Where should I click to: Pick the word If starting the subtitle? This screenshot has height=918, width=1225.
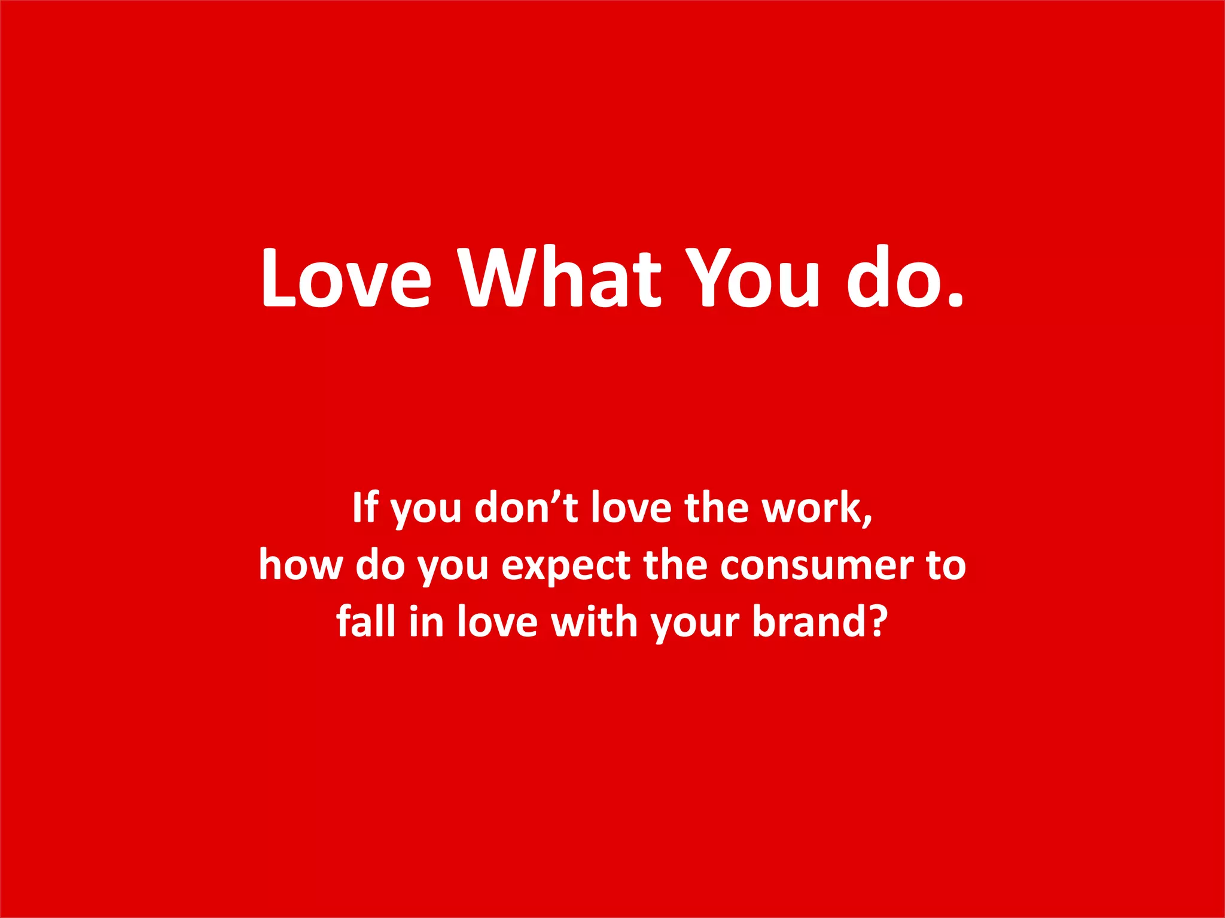pyautogui.click(x=365, y=507)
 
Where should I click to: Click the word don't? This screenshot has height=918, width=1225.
pyautogui.click(x=526, y=507)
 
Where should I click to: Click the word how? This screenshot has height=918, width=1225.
pyautogui.click(x=301, y=565)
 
